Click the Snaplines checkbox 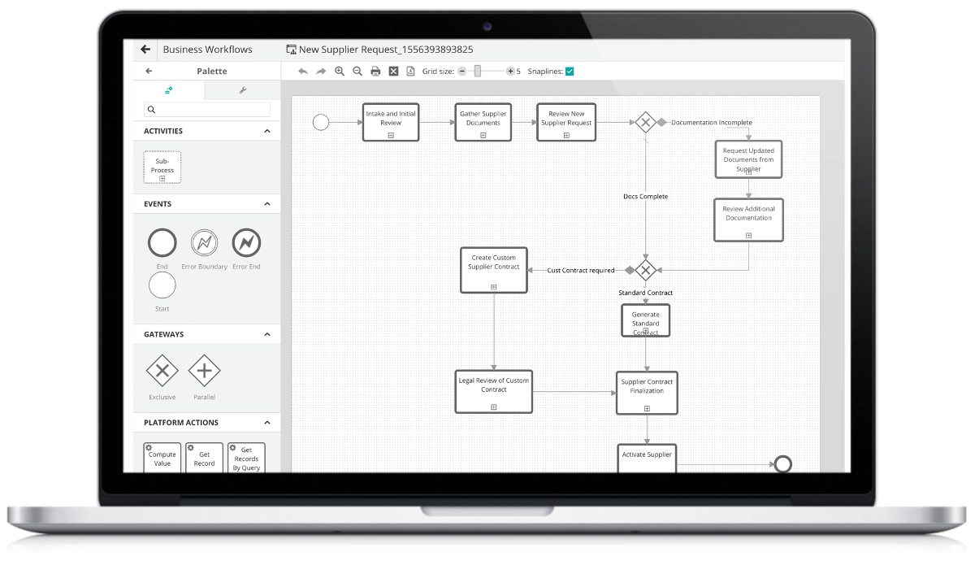pyautogui.click(x=570, y=72)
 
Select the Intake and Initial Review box pyautogui.click(x=391, y=122)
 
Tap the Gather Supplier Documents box pyautogui.click(x=483, y=122)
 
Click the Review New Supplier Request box pyautogui.click(x=566, y=122)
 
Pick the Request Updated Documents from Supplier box pyautogui.click(x=748, y=159)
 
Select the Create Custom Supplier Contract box pyautogui.click(x=494, y=270)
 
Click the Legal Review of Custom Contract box pyautogui.click(x=494, y=392)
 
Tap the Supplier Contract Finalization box pyautogui.click(x=647, y=393)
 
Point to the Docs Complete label pyautogui.click(x=645, y=197)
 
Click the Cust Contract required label pyautogui.click(x=581, y=271)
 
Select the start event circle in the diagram pyautogui.click(x=321, y=123)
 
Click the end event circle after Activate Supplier pyautogui.click(x=782, y=464)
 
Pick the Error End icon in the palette pyautogui.click(x=246, y=242)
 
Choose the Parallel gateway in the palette pyautogui.click(x=204, y=371)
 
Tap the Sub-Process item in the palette pyautogui.click(x=162, y=167)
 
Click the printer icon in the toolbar pyautogui.click(x=375, y=72)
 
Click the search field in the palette pyautogui.click(x=207, y=109)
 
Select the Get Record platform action pyautogui.click(x=204, y=458)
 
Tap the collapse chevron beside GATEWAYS pyautogui.click(x=267, y=334)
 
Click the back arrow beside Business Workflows pyautogui.click(x=145, y=50)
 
